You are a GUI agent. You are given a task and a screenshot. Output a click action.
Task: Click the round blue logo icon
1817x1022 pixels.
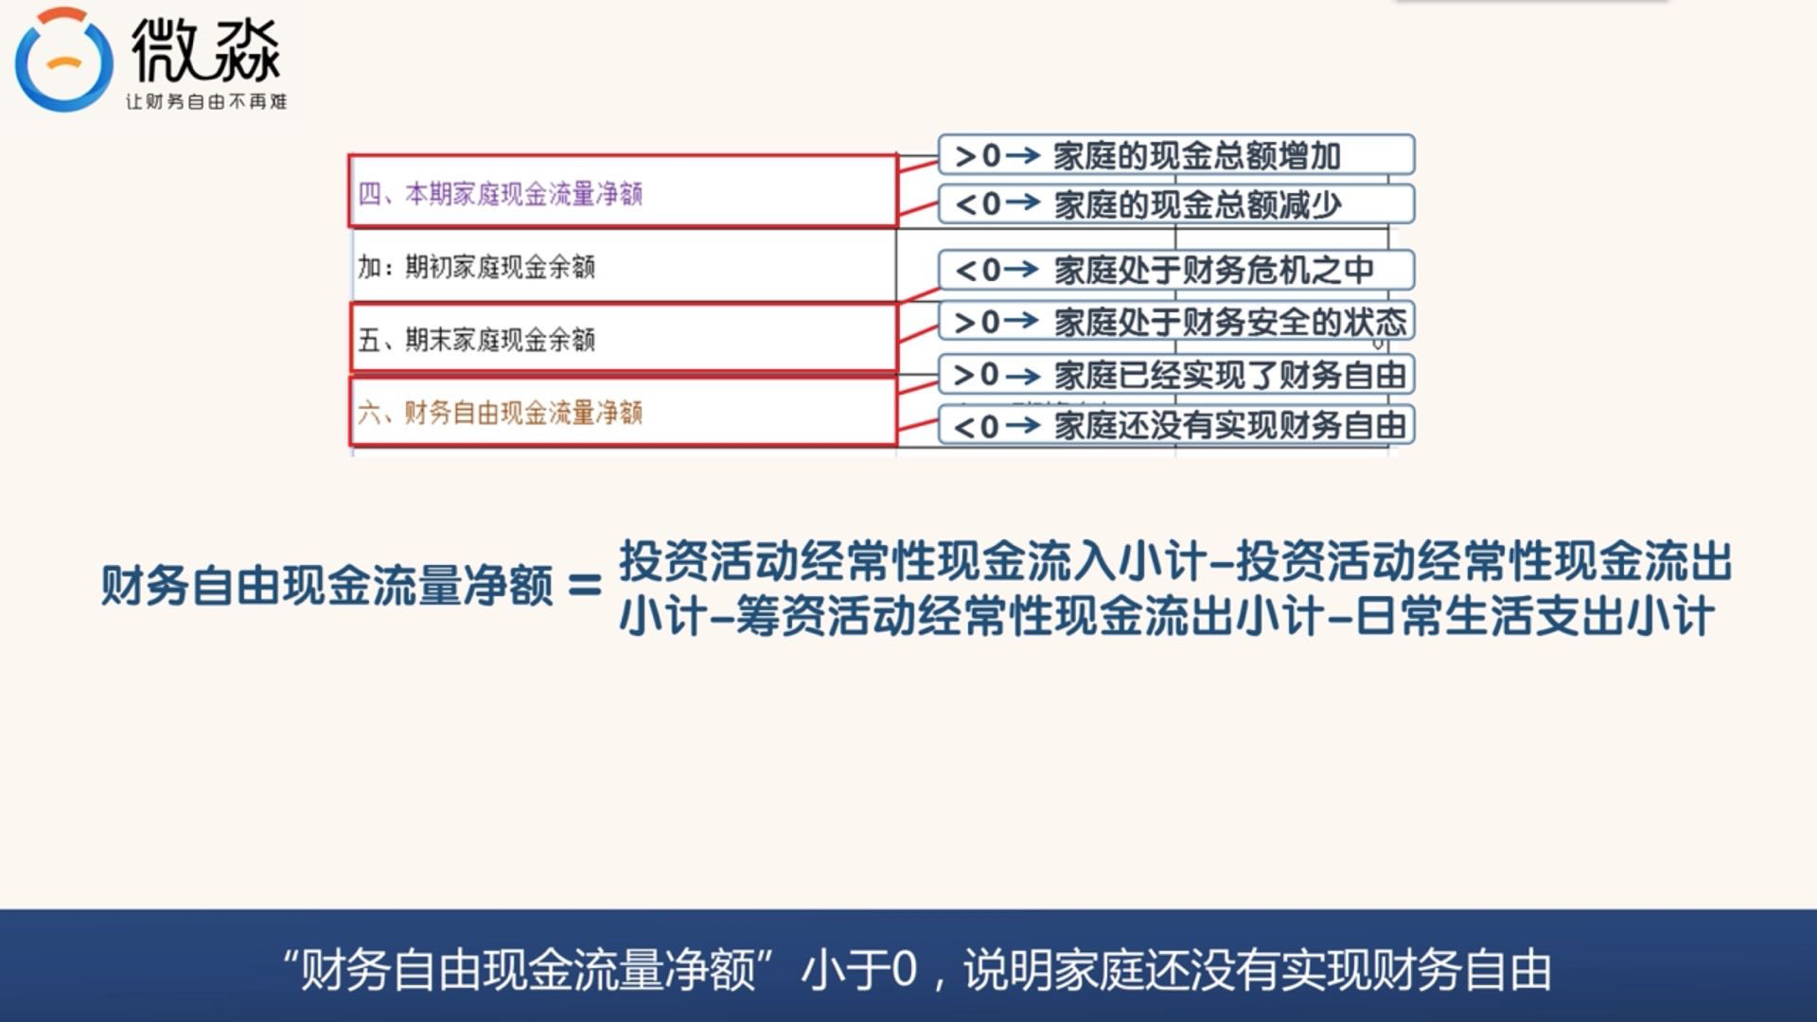click(x=63, y=61)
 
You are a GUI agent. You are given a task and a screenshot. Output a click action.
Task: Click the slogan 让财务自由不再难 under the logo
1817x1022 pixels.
click(x=206, y=101)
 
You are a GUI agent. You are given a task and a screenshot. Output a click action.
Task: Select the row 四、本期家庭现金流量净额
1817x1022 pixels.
click(x=623, y=193)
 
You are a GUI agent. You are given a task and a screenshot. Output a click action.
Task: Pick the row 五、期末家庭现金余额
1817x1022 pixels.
click(x=623, y=339)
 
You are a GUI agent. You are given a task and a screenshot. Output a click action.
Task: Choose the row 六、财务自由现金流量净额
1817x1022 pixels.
click(x=623, y=412)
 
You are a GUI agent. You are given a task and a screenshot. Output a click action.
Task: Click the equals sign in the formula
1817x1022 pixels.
click(x=585, y=586)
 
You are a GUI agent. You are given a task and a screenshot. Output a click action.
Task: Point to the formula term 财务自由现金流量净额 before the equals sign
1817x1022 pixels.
click(x=326, y=586)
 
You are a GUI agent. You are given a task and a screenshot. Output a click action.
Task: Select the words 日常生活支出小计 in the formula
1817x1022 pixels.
click(x=1534, y=617)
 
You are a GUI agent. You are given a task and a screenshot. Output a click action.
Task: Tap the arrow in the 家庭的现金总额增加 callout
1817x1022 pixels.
click(x=1022, y=155)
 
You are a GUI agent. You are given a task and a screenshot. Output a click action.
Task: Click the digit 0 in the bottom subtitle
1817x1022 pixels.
click(x=904, y=970)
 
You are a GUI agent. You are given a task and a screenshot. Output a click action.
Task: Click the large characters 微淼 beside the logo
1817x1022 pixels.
click(x=205, y=52)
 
